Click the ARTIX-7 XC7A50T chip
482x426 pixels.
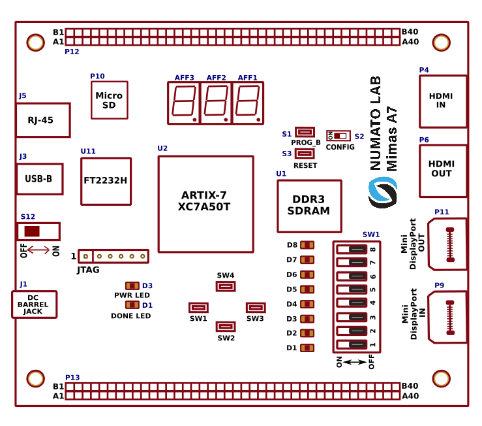(x=205, y=204)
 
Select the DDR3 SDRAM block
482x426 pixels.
(x=309, y=206)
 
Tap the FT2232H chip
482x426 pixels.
(x=106, y=181)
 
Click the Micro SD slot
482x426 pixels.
(x=109, y=100)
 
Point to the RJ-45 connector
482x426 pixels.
(x=42, y=120)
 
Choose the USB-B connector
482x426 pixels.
(x=39, y=178)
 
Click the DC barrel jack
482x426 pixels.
(x=34, y=304)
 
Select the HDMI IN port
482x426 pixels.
(x=443, y=101)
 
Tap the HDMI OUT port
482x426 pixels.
(x=443, y=171)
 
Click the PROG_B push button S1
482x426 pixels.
(x=305, y=133)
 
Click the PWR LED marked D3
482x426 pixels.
(x=132, y=286)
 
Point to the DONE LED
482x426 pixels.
(x=132, y=305)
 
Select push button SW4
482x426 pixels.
(x=226, y=286)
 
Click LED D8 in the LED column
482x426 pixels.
(x=307, y=245)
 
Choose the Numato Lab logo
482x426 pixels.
(x=382, y=192)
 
